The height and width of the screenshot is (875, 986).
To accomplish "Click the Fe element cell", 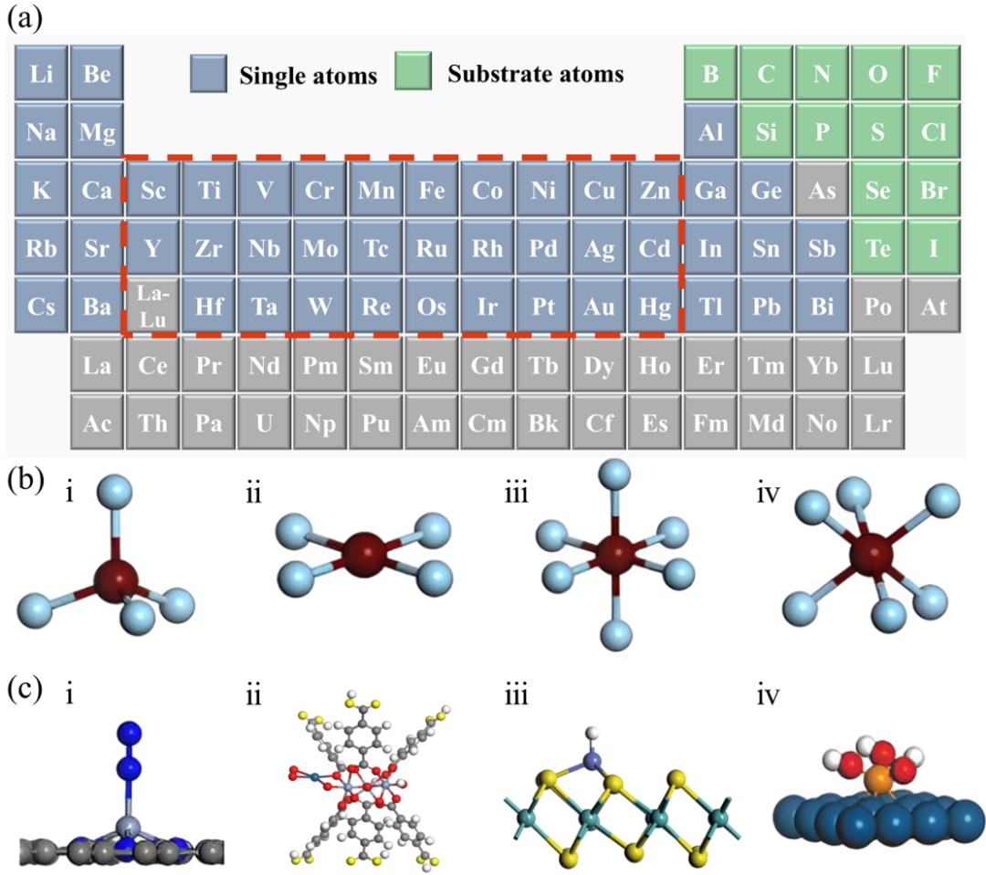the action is point(432,189).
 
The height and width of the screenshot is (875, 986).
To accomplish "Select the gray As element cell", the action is point(822,189).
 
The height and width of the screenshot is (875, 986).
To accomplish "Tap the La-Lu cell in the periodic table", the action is point(152,307).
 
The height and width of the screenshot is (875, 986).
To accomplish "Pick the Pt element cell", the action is point(543,307).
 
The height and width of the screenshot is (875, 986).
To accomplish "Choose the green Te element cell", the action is point(878,247).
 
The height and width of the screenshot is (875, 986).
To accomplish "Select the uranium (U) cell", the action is point(264,422).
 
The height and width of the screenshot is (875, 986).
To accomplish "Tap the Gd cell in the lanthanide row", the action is point(488,365).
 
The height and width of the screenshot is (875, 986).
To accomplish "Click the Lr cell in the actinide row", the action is point(878,422).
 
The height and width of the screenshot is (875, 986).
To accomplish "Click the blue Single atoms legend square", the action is point(209,74).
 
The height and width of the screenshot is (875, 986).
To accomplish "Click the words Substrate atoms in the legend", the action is point(536,74).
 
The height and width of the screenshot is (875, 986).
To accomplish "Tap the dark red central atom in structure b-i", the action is point(116,582).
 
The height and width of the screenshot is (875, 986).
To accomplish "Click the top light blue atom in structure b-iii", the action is point(614,474).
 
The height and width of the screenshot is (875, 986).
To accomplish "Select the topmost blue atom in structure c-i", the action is point(130,734).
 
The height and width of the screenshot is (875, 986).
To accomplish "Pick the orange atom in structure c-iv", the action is point(879,780).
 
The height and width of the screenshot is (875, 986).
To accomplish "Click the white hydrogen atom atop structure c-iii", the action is point(591,733).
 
